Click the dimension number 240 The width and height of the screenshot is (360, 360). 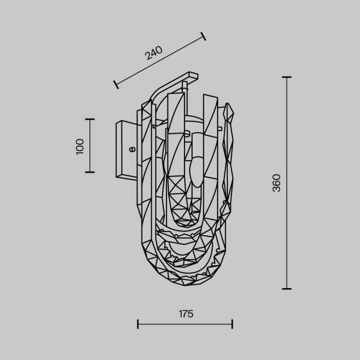153,54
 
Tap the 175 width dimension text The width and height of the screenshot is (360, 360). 185,314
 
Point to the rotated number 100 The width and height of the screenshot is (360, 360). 80,146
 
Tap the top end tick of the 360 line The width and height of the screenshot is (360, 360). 287,77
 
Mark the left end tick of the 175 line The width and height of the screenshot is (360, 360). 138,324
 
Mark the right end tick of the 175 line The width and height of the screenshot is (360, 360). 232,324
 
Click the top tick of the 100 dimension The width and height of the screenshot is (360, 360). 90,120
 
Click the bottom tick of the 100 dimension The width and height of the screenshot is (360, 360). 90,172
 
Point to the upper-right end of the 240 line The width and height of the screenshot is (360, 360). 203,36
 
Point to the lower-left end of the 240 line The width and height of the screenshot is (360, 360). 116,84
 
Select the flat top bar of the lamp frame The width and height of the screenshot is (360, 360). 191,76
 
